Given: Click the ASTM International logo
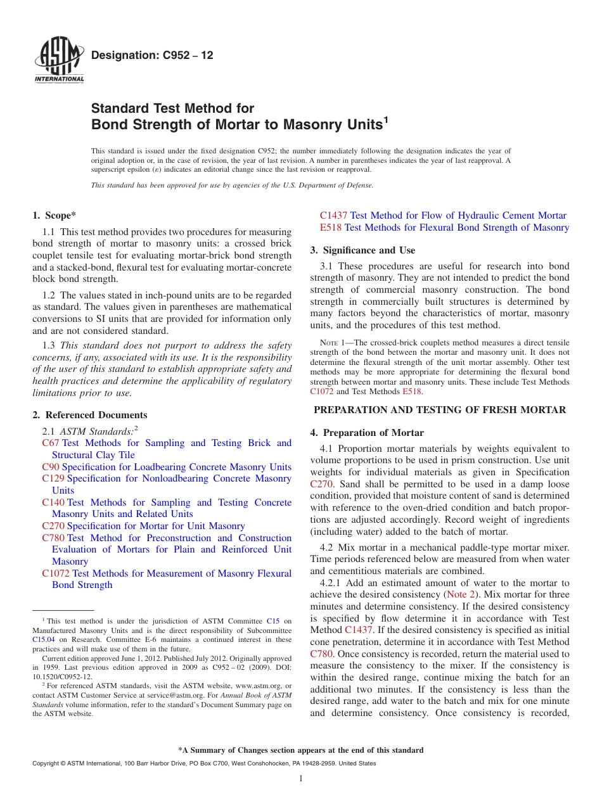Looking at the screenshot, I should tap(59, 62).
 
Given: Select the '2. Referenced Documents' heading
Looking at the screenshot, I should tap(89, 415).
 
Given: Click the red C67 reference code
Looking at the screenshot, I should tap(51, 443).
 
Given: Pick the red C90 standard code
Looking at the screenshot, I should tap(51, 467).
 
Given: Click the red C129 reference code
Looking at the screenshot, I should tap(53, 478).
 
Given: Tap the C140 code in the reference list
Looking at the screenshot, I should tap(53, 502).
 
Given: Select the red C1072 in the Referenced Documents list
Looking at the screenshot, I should tap(56, 573).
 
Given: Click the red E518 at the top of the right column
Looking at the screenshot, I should tap(331, 227).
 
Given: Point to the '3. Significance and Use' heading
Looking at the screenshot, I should tap(362, 250).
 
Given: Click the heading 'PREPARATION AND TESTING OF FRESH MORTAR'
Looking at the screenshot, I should tap(440, 410).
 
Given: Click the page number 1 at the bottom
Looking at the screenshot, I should tap(301, 779).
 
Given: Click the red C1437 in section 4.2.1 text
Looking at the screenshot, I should tap(358, 630).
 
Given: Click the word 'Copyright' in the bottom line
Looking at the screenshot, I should tap(46, 764).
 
